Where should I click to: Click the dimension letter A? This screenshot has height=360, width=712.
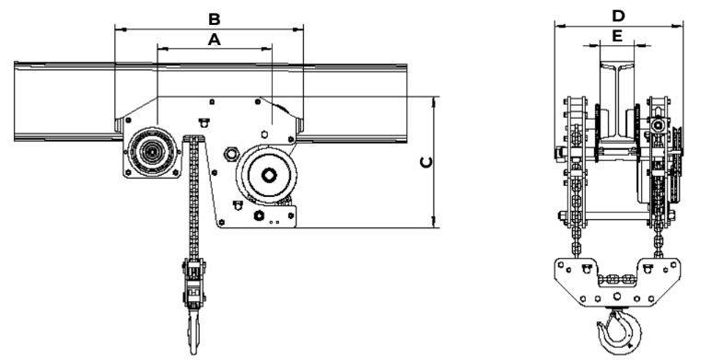(x=214, y=40)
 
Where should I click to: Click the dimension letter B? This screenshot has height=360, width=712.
(x=214, y=19)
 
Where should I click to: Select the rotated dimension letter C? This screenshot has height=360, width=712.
(x=426, y=162)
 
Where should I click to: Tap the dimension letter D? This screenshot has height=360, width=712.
(x=618, y=16)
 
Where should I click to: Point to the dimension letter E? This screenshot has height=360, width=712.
(x=617, y=36)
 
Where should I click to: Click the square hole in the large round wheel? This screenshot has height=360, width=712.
(x=268, y=175)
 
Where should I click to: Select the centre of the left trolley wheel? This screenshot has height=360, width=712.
(x=152, y=152)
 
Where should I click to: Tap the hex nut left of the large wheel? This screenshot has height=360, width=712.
(x=231, y=155)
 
